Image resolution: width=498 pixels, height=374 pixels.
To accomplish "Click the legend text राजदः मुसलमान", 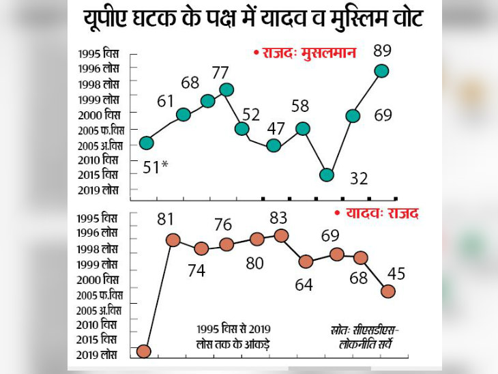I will coord(304,53).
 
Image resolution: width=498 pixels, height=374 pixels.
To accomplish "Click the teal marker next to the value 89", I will coord(381,70).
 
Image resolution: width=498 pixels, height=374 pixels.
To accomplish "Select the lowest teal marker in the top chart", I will coord(327,175).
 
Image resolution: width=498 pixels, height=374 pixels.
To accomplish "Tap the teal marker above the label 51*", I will coord(146,143).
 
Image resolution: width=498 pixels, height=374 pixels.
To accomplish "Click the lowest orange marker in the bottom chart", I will coord(143,351).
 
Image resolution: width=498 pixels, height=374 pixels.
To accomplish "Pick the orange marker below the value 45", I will coord(387,291).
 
